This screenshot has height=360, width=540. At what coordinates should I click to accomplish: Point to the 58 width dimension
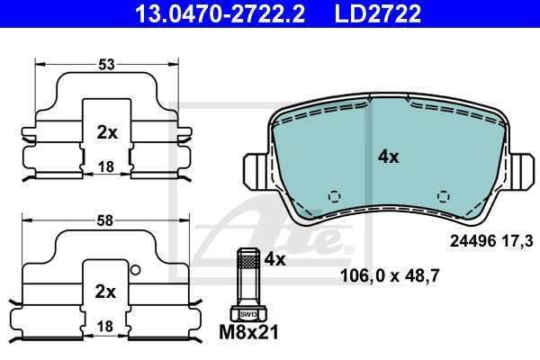coord(107,220)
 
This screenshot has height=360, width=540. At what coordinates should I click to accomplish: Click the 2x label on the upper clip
coord(106,132)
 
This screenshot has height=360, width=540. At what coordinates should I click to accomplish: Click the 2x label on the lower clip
coord(106,291)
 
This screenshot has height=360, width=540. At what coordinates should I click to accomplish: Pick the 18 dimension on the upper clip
coord(106,166)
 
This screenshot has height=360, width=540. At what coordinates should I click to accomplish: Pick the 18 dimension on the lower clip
coord(106,325)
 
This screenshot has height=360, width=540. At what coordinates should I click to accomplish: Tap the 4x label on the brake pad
coord(388,156)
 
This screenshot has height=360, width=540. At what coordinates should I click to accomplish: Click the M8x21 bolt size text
coord(249,334)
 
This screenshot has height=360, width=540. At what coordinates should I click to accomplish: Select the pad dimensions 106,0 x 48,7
coord(389,275)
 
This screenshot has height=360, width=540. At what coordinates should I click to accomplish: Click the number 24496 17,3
coord(490,240)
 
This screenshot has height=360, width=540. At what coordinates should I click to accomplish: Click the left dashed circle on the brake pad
coord(334,196)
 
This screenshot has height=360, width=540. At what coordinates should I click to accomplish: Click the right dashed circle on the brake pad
coord(442,196)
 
